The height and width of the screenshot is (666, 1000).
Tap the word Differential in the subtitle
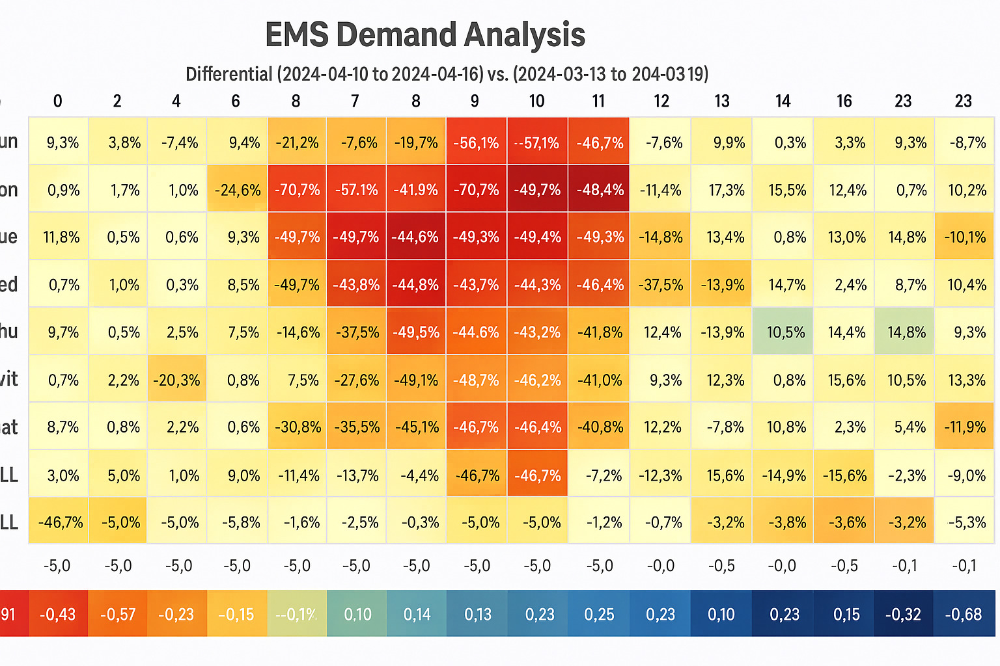tap(229, 74)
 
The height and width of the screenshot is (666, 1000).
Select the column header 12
tap(661, 101)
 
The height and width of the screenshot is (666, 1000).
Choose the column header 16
tap(844, 101)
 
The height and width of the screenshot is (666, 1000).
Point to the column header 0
tap(58, 101)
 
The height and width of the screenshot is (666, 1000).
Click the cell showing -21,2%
tap(297, 142)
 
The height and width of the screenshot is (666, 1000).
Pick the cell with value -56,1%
tap(476, 142)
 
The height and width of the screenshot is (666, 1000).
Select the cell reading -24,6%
tap(238, 190)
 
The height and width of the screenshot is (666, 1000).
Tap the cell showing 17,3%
tap(721, 190)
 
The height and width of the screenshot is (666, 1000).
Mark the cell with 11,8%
tap(61, 237)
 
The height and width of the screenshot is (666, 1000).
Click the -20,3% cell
tap(176, 379)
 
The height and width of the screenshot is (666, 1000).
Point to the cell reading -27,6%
tap(356, 379)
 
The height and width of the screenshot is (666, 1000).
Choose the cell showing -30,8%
tap(297, 427)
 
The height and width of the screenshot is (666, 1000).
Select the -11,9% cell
tap(965, 427)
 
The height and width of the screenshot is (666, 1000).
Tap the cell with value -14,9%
tap(783, 475)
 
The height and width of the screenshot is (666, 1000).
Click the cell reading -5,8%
tap(238, 522)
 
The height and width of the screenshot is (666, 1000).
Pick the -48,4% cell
tap(599, 190)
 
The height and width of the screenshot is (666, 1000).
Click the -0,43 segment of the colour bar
tap(58, 614)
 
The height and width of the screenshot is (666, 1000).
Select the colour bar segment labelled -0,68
tap(964, 614)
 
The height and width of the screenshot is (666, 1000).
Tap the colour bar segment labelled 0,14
tap(417, 614)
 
